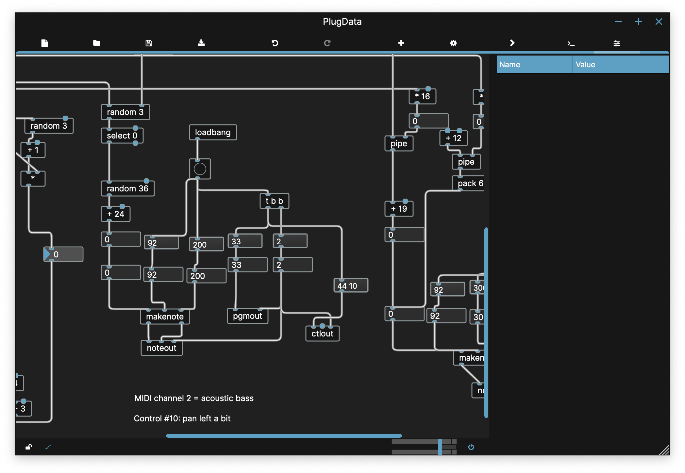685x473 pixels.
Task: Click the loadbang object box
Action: [213, 132]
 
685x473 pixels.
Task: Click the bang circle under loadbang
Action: [200, 169]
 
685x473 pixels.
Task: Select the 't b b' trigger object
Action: [274, 201]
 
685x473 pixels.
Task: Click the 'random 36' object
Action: [127, 188]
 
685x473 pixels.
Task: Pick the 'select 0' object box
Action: [122, 136]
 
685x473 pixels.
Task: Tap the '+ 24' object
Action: [116, 214]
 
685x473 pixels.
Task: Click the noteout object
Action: [161, 348]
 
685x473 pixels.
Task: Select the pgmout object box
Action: [247, 316]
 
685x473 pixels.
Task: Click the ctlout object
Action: [322, 334]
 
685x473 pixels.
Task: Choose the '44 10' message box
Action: [351, 286]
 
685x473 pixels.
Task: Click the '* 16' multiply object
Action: [422, 96]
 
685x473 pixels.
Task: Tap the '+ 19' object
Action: [399, 209]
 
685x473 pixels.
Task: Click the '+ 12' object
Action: [453, 138]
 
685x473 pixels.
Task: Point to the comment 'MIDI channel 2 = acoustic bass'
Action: [194, 398]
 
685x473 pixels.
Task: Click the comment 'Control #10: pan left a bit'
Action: [182, 418]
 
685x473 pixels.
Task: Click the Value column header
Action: [620, 64]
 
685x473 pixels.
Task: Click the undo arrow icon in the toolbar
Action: [275, 43]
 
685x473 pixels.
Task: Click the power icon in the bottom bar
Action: [471, 447]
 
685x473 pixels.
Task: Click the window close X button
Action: [659, 22]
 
